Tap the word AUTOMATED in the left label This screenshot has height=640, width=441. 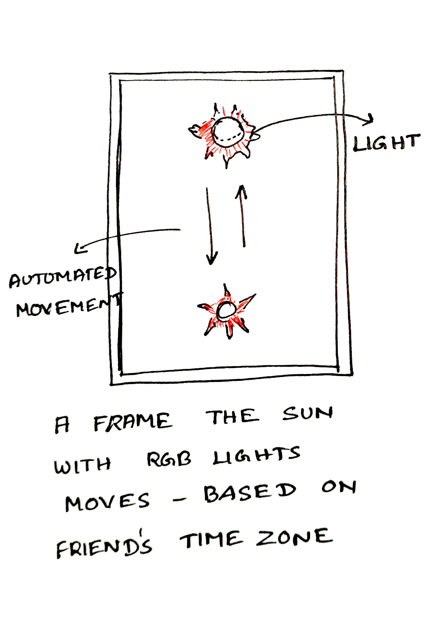tap(62, 277)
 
